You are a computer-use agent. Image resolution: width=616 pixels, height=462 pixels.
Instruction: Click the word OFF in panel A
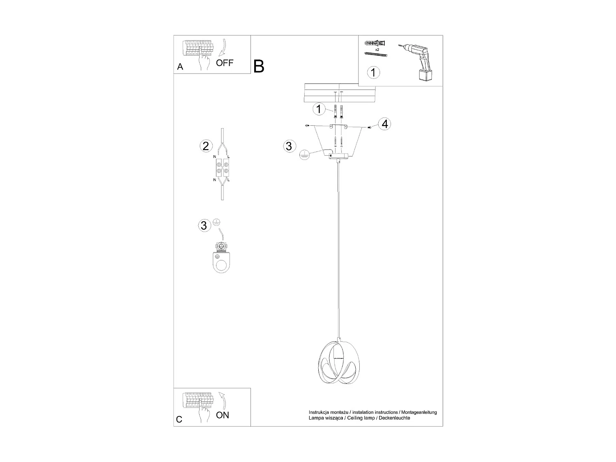pos(225,63)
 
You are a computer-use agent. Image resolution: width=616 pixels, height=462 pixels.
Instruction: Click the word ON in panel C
pos(223,415)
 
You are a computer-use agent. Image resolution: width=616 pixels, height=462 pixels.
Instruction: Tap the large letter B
pos(259,66)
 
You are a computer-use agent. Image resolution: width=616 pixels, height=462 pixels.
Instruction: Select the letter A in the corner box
pos(180,67)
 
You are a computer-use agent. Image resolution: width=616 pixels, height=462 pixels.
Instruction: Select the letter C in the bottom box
pos(179,420)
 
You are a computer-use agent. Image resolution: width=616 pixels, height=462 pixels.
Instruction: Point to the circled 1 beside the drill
pos(373,73)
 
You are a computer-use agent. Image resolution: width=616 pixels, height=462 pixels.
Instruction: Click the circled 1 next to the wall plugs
pos(319,109)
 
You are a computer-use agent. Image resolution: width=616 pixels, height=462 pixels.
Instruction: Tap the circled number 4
pos(384,124)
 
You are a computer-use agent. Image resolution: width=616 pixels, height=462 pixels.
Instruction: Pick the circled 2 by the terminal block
pos(206,146)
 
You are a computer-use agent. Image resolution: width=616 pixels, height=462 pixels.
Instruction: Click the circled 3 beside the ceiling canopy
pos(289,146)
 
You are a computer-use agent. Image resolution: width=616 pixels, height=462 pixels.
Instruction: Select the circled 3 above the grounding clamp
pos(204,225)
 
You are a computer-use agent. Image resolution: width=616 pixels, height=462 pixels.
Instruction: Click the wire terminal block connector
pos(222,168)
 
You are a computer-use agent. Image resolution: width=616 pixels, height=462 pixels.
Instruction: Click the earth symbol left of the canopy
pos(304,155)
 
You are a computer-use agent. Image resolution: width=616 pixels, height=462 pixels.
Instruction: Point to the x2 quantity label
pos(377,49)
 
